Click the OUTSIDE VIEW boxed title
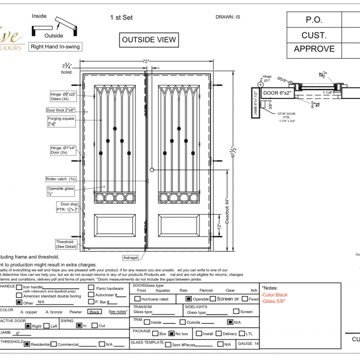[x=149, y=39]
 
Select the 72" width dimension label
[x=146, y=62]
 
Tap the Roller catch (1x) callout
[x=61, y=179]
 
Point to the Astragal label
[x=130, y=258]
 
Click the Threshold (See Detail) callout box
[x=65, y=244]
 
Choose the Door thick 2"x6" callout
[x=61, y=110]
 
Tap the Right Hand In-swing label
[x=55, y=46]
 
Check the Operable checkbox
[x=189, y=299]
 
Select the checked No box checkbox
[x=172, y=333]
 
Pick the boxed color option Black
[x=94, y=312]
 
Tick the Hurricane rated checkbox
[x=137, y=299]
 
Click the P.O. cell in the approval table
[x=314, y=20]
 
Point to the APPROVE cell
[x=314, y=49]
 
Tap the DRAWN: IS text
[x=228, y=17]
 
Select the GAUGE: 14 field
[x=248, y=343]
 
